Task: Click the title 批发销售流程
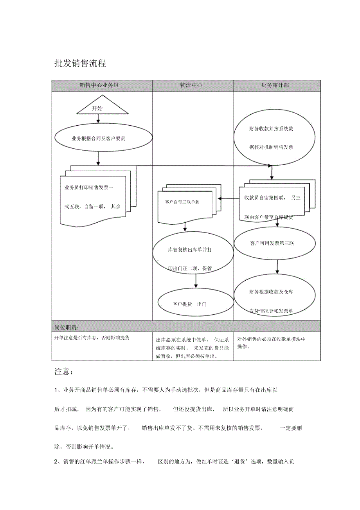80,63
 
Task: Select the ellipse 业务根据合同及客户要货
103,139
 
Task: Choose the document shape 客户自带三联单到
184,203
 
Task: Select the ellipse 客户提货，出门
189,303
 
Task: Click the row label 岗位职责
67,327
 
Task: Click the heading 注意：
63,371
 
